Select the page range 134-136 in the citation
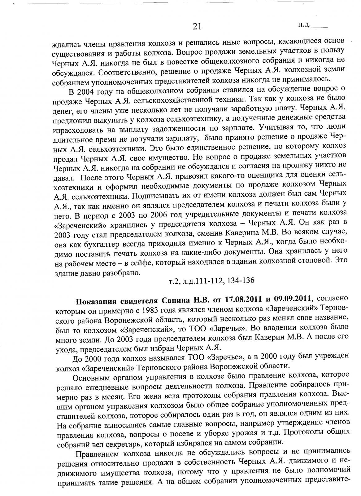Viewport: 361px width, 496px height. click(x=241, y=281)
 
